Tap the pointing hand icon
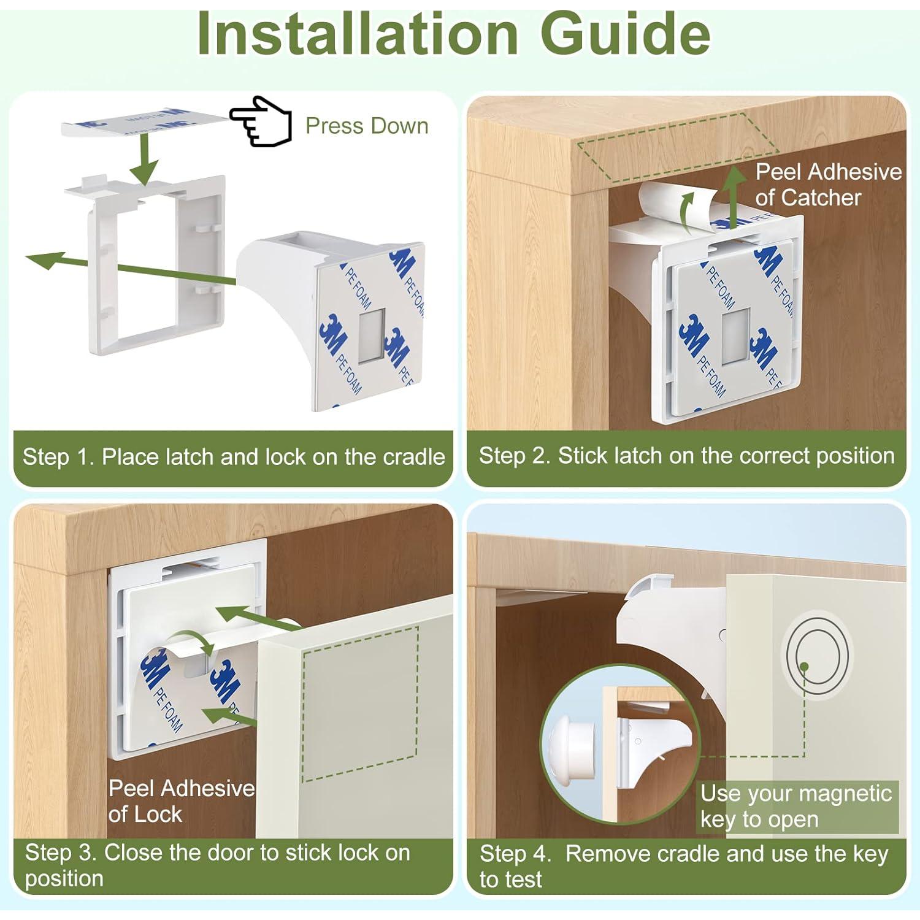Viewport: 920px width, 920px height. [261, 121]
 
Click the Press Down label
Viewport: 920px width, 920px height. [367, 126]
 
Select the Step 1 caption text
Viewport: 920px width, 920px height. [234, 457]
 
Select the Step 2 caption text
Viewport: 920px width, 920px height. [686, 456]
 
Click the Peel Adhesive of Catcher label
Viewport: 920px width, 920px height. [828, 185]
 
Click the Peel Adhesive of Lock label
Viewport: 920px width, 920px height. [182, 801]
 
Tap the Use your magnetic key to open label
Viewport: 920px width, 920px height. [796, 807]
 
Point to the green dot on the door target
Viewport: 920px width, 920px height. [805, 666]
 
